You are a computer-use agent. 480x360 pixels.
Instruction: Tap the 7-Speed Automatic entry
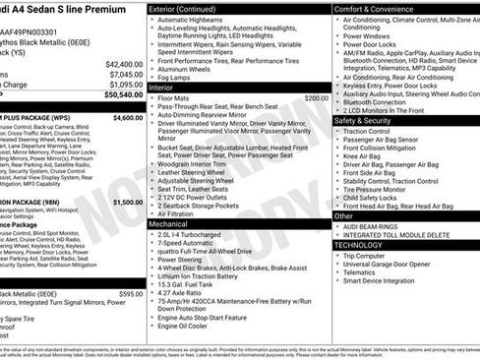coord(191,245)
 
